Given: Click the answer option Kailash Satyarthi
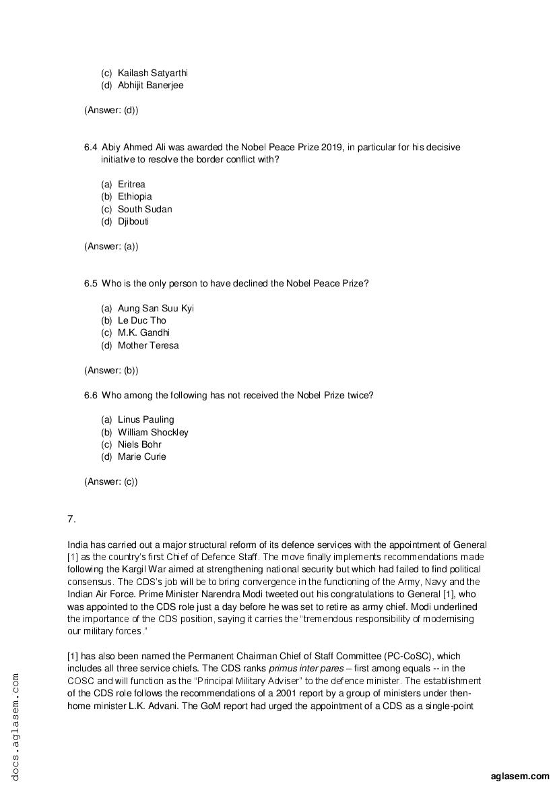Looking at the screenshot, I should point(153,73).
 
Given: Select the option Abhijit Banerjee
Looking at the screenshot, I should point(150,86).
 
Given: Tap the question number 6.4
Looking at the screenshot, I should point(91,147).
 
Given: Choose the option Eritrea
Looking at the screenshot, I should point(131,184).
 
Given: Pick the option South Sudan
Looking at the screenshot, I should point(145,209).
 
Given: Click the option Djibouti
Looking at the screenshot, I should point(133,221).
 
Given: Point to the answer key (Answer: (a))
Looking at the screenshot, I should point(111,246).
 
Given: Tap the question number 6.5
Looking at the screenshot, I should point(91,283).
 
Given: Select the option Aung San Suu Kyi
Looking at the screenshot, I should point(156,308).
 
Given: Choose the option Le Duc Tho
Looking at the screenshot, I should point(141,320).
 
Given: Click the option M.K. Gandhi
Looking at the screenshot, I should point(143,332).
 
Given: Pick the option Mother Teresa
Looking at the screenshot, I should point(148,345).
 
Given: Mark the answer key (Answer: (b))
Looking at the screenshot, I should point(111,370).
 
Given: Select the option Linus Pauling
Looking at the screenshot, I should point(145,419).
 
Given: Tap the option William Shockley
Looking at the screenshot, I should point(153,432).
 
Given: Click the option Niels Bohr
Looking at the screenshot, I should point(139,444).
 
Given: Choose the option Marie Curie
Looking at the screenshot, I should point(141,456).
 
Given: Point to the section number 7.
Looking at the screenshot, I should point(71,518).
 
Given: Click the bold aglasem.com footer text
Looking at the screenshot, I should point(521,776).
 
